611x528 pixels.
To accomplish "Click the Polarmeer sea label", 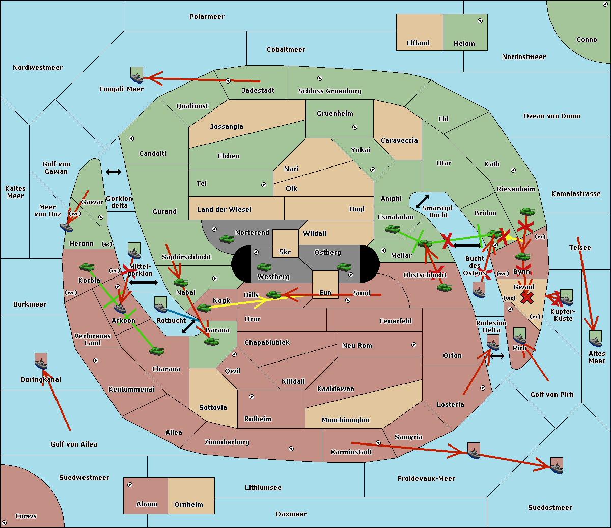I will coord(207,17).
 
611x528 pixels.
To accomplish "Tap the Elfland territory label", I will coord(418,43).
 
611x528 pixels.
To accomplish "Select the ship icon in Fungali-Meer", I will coord(136,75).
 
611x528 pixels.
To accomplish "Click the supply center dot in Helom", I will coord(480,21).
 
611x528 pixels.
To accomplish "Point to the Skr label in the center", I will coord(285,252).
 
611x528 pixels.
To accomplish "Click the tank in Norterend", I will coord(227,239).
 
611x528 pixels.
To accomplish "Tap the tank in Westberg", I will coord(264,267).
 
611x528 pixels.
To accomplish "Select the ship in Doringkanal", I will coord(41,361).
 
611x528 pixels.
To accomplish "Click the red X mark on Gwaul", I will coord(527,297).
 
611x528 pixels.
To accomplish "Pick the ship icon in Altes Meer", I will coord(595,339).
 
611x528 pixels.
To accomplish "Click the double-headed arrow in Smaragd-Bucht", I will coord(422,201).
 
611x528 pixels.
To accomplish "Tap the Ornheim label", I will coord(188,504).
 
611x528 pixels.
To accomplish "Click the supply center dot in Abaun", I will coord(130,485).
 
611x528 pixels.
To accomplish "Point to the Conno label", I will coord(587,39).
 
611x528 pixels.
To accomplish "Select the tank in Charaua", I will coord(156,351).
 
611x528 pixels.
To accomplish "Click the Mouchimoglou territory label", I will coord(345,420).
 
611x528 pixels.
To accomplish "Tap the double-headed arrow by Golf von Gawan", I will coord(114,172).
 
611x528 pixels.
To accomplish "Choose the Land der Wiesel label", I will coord(224,209).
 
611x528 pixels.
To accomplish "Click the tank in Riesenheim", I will coord(526,211).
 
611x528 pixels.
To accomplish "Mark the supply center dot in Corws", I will coord(4,523).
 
